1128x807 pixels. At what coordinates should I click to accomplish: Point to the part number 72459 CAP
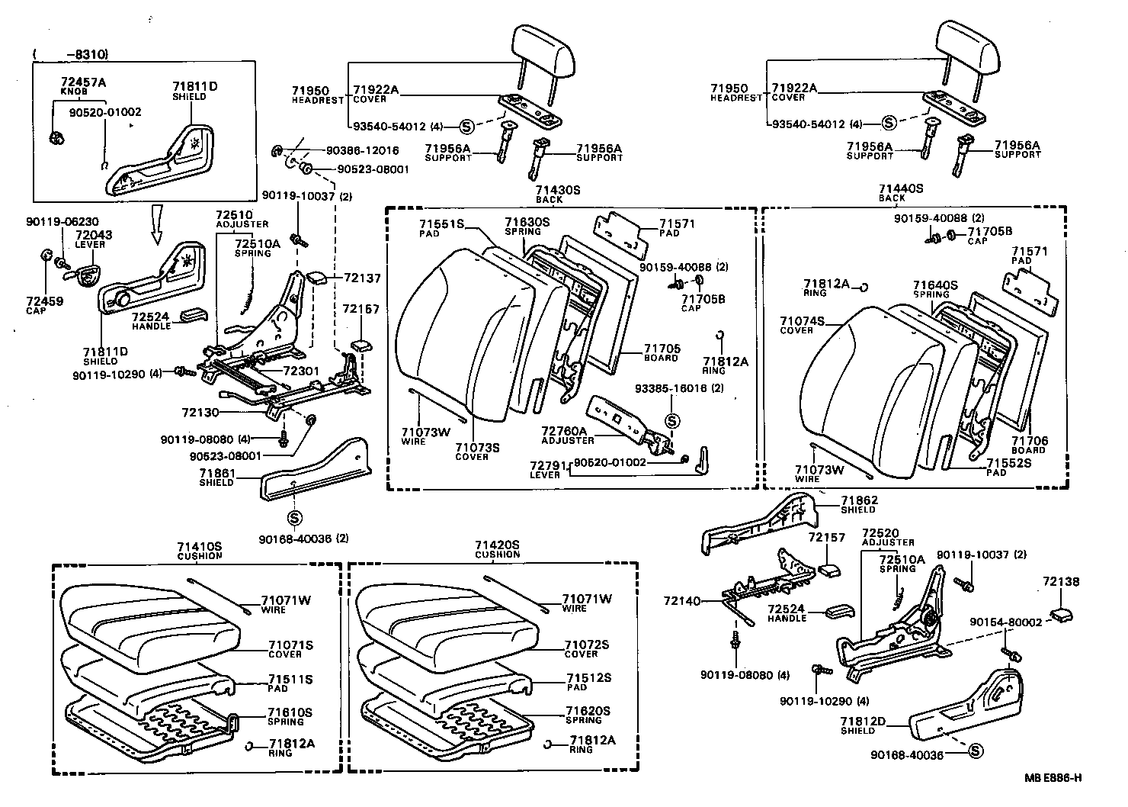pos(44,305)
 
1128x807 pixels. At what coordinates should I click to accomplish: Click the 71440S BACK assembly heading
pos(900,191)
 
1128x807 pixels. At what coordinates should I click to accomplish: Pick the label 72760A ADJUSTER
pos(568,436)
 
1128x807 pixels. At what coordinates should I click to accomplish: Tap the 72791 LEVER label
pos(546,468)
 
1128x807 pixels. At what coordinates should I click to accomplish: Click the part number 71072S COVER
pos(587,648)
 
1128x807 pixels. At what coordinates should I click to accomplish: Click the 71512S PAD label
pos(588,681)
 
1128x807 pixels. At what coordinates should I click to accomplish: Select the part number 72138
pos(1061,581)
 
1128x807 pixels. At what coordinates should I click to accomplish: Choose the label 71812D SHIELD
pos(863,725)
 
